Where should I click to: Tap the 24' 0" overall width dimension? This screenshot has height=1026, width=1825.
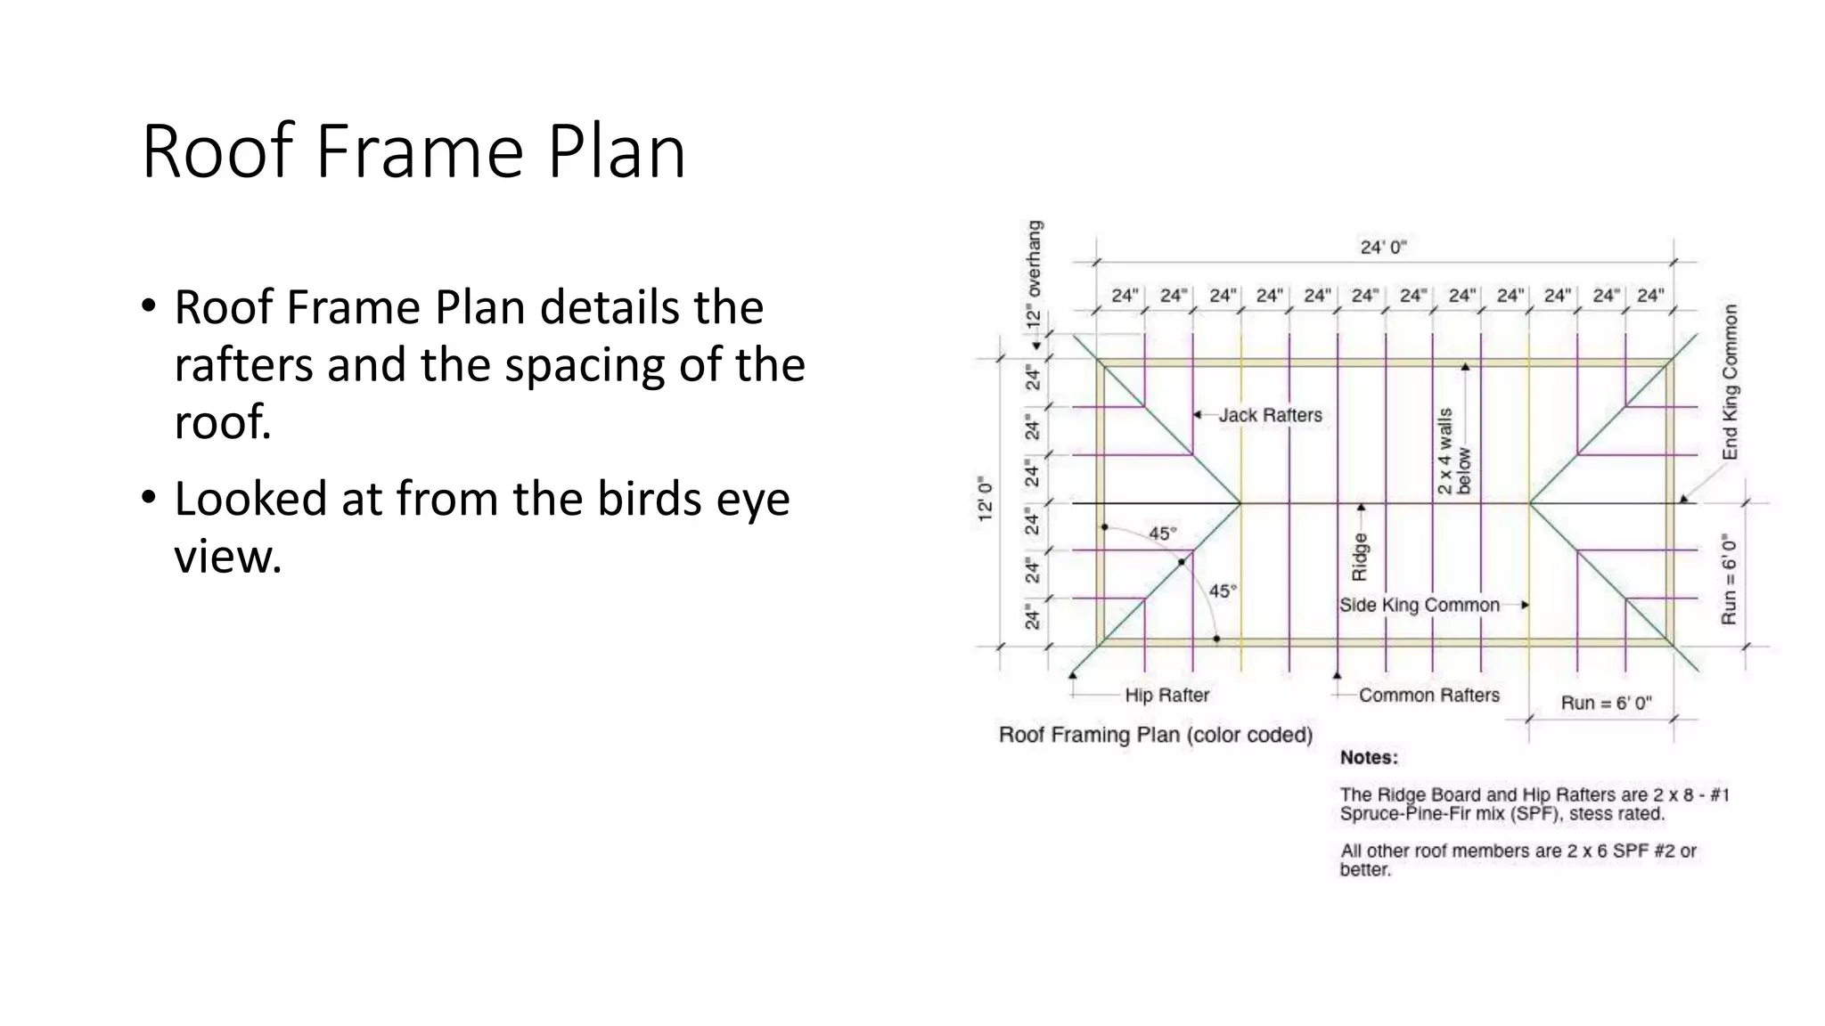1383,247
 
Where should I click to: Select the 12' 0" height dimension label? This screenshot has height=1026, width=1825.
986,499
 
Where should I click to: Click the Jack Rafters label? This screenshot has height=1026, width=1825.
1270,415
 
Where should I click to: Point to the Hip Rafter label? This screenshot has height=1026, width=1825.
1166,696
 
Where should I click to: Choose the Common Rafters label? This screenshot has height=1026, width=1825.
1428,696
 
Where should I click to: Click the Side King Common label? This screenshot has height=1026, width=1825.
1419,606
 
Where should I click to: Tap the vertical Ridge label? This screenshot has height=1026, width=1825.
1360,557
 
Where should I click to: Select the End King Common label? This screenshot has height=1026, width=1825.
1730,382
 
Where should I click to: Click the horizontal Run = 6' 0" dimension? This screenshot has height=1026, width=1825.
1606,703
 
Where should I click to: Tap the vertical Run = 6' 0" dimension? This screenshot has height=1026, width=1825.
1729,579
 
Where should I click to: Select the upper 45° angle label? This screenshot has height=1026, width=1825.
1162,533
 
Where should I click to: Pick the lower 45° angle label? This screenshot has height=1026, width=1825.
1223,591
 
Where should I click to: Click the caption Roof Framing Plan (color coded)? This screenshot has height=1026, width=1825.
1156,736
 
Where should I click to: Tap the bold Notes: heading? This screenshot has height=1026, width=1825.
1369,758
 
